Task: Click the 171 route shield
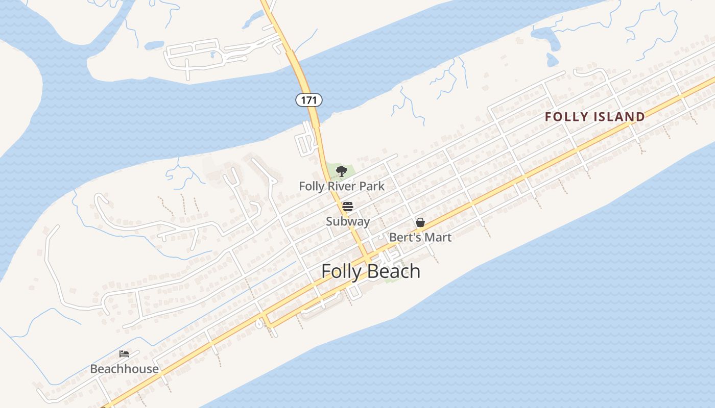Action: pos(309,100)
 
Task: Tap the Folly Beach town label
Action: pos(371,271)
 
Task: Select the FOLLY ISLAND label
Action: pos(595,117)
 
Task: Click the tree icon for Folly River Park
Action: pos(342,171)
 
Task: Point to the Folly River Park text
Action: pos(342,186)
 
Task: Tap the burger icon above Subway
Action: pos(348,207)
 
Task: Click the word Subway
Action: pos(348,221)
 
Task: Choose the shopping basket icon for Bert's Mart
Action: pos(420,222)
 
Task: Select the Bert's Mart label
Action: pos(420,237)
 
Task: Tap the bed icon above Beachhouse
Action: pos(124,354)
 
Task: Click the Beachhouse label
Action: pos(124,369)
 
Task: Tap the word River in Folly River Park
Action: pos(342,186)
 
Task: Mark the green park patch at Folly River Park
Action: pos(333,170)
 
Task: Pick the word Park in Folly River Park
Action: pos(372,186)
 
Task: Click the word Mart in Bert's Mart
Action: pos(439,237)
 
